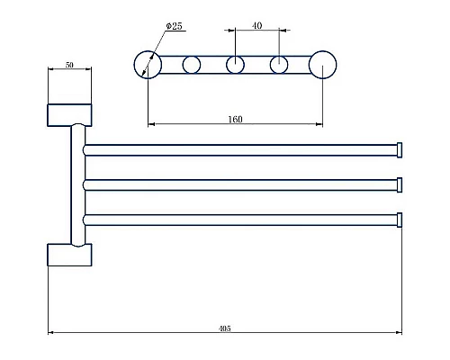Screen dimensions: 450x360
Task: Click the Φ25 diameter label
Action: coord(175,26)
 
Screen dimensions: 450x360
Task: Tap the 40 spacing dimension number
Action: coord(256,26)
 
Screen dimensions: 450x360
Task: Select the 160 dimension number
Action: coord(235,120)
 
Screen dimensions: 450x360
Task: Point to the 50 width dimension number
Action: coord(69,65)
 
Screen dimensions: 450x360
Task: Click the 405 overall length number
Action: coord(225,328)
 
